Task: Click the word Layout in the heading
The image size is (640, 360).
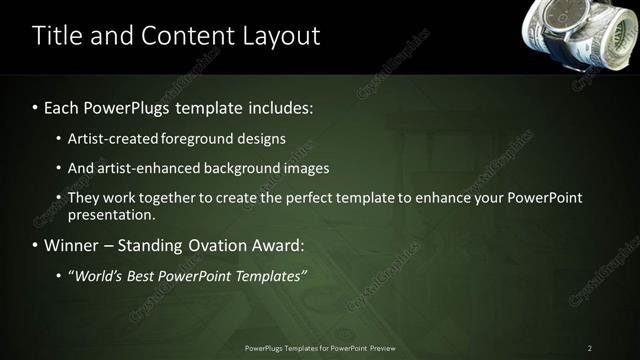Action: (x=280, y=36)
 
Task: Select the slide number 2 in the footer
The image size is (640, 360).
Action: (x=590, y=348)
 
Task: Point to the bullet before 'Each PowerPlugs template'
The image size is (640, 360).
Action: (x=36, y=106)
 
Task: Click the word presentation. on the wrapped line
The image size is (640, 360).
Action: (x=112, y=214)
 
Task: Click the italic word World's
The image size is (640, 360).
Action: (x=98, y=275)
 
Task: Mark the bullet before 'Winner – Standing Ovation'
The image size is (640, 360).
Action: (x=36, y=245)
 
